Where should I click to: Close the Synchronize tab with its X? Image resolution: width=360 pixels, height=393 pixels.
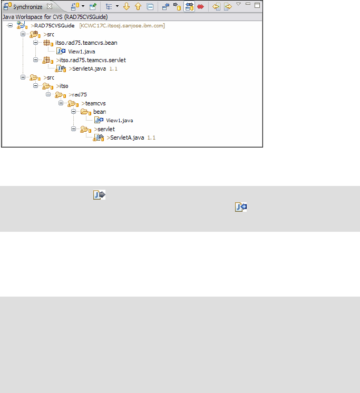50,7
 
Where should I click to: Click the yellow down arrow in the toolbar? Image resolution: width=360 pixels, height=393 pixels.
126,7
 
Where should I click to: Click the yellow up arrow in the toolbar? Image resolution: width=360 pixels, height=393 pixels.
138,7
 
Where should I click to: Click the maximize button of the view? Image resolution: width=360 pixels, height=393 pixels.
257,5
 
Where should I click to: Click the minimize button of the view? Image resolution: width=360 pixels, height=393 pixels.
248,5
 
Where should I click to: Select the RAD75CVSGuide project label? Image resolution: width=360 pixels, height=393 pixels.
53,25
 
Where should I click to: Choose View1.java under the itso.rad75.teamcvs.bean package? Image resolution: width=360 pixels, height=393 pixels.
81,51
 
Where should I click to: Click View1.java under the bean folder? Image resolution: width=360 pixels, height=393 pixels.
119,120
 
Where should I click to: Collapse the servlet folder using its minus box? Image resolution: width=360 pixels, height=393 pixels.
73,129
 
